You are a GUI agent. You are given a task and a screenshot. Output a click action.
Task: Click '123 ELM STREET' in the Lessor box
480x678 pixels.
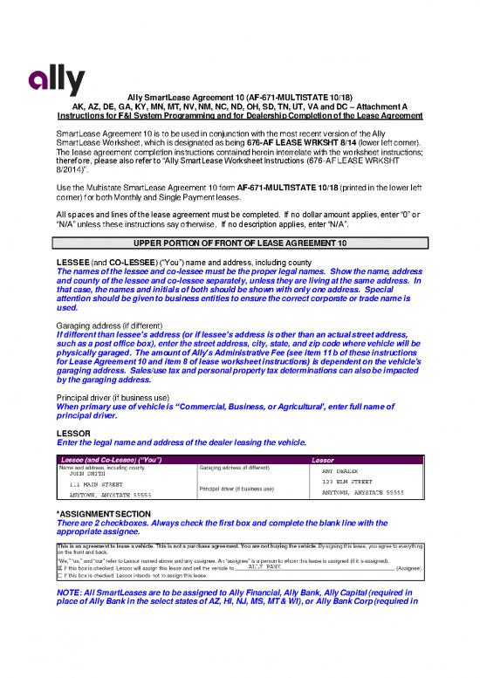348,482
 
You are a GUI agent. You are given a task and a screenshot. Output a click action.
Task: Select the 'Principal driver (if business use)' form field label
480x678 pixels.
238,488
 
